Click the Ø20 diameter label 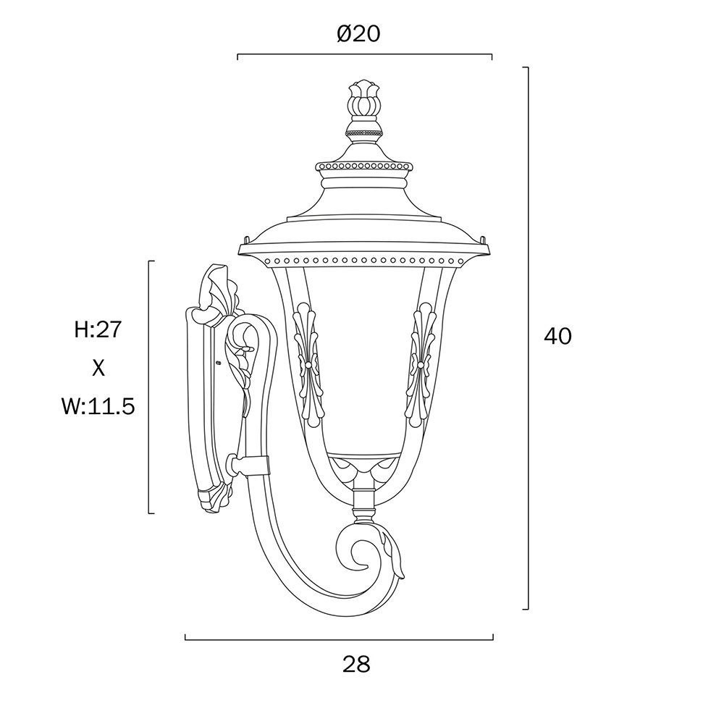pos(358,33)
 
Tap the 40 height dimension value pos(557,336)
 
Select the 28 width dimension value pos(356,665)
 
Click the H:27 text pos(98,329)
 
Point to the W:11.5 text pos(98,407)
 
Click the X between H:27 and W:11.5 pos(98,369)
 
